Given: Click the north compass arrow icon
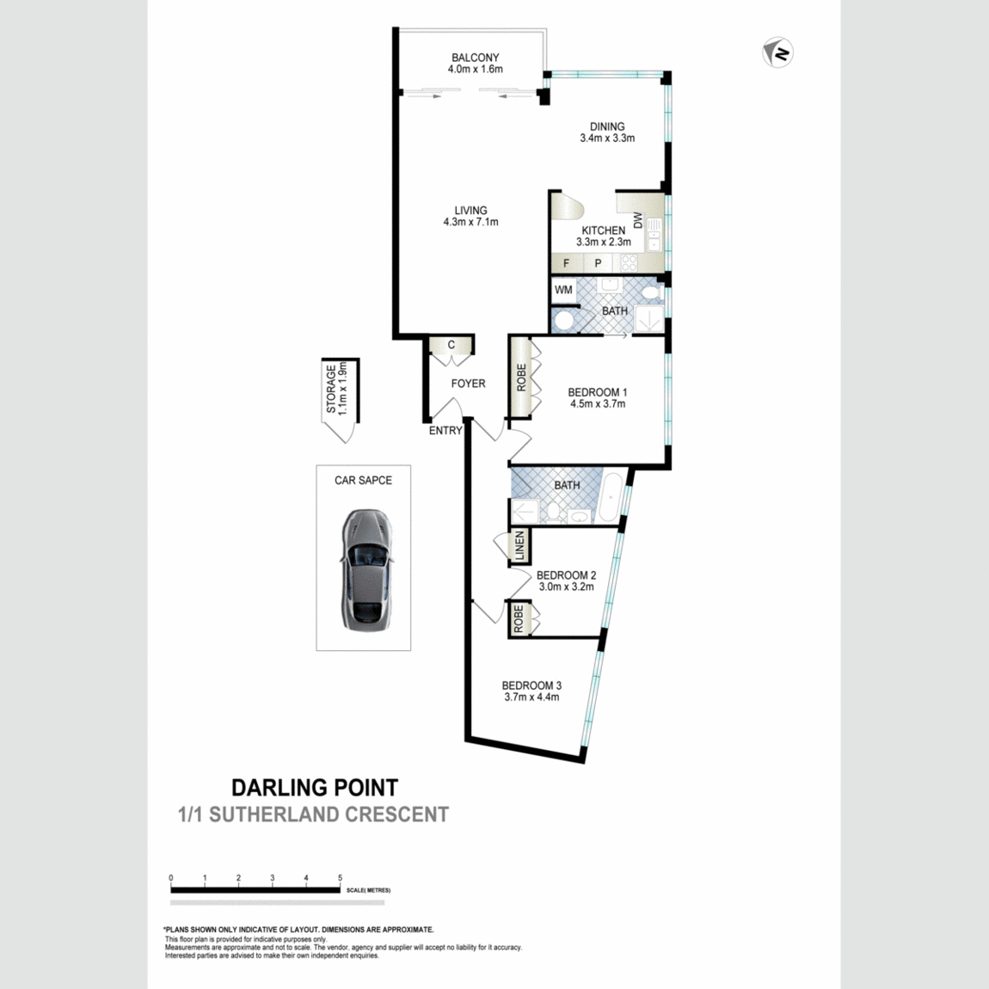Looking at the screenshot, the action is (x=777, y=52).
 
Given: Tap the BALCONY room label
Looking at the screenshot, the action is (x=475, y=58).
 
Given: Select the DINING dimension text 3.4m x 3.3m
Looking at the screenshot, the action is (x=607, y=138).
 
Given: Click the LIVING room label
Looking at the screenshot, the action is (x=470, y=211).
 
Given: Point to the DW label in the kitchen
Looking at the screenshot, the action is (x=637, y=220).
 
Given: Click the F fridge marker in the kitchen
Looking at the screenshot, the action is (x=567, y=264).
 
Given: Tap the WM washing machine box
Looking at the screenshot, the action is (x=563, y=290).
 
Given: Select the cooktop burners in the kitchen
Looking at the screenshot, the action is (x=628, y=263).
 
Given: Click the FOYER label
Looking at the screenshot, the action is (x=468, y=384).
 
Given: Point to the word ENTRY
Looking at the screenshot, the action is (x=445, y=431).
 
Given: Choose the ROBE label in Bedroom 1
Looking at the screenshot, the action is (x=522, y=378).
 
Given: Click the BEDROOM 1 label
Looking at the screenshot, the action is (x=598, y=392).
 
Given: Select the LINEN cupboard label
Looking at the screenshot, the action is (x=519, y=545).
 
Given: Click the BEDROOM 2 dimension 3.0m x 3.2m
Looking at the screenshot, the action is (x=567, y=587).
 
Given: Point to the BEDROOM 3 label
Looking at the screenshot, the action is (x=531, y=685).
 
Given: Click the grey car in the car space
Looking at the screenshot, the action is (x=367, y=570).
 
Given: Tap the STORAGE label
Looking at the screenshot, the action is (x=331, y=390).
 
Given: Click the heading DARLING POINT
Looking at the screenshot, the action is (x=315, y=788).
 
